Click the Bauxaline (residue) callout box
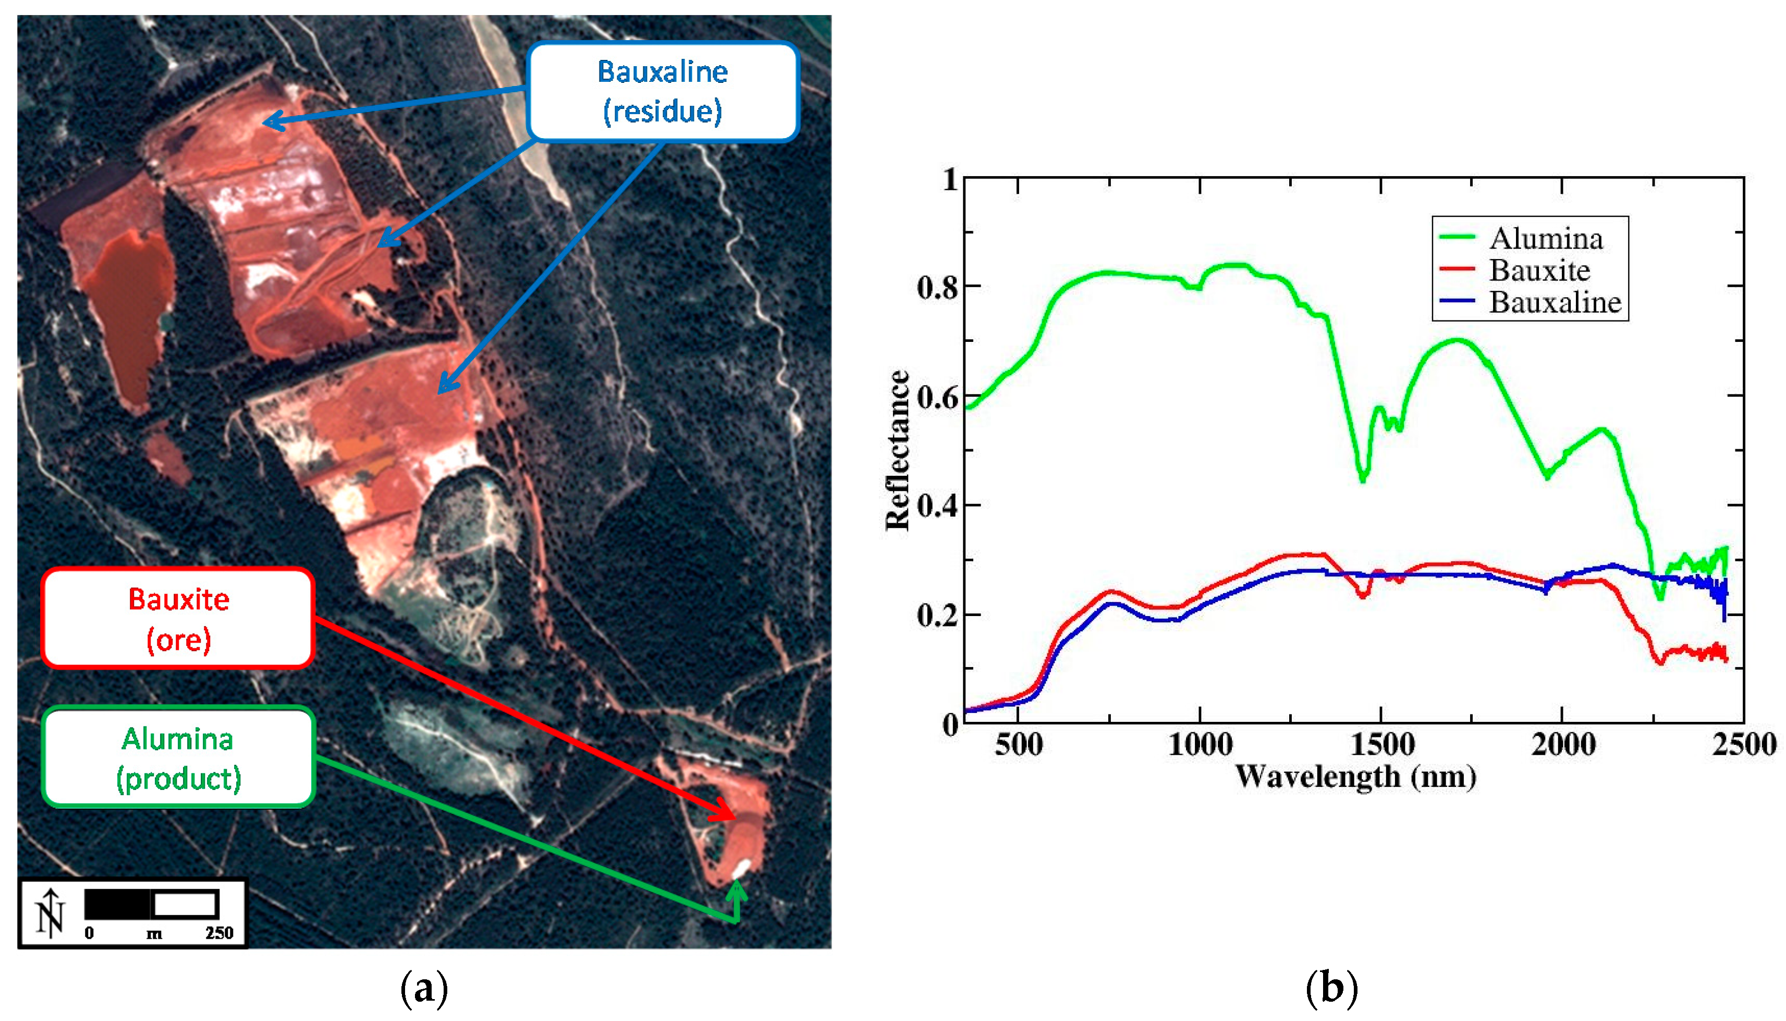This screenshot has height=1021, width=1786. [662, 91]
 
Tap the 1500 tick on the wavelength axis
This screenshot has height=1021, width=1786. [1381, 744]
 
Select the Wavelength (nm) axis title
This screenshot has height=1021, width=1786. [1355, 777]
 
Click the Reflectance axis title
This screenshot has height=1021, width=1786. [898, 450]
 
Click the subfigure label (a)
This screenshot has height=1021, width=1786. [423, 989]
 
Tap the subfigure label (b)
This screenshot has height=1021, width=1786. [1331, 989]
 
